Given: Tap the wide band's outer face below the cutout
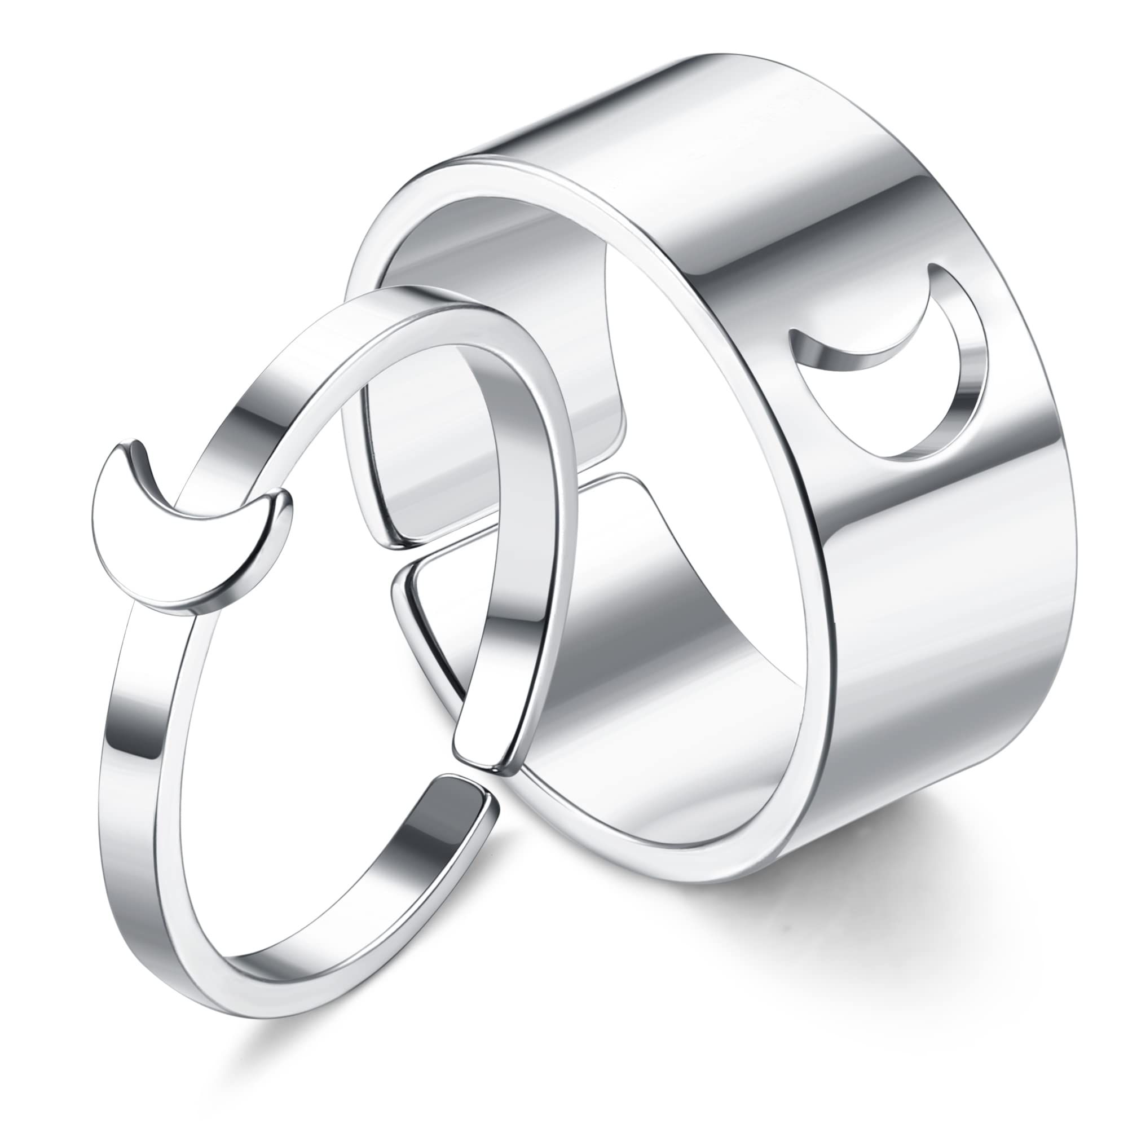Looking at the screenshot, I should click(x=923, y=613).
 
